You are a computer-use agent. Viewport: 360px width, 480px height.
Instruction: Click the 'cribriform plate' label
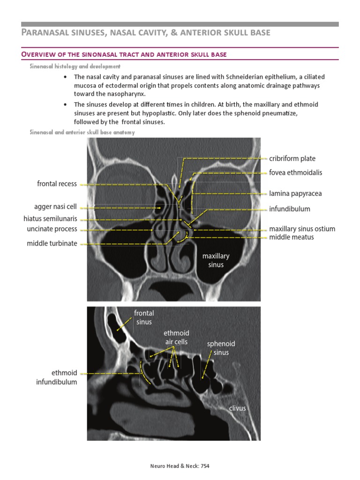[x=292, y=158]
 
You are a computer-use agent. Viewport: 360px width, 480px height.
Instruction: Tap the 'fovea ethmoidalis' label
[x=295, y=172]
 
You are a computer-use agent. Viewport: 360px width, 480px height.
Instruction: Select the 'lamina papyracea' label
[x=295, y=193]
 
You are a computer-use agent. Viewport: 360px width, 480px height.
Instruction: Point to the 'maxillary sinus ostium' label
[x=302, y=229]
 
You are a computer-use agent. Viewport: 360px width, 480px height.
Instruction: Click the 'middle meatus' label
[x=292, y=237]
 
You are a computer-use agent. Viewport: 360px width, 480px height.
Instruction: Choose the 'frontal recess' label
[x=57, y=184]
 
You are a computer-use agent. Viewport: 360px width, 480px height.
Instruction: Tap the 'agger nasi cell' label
[x=55, y=207]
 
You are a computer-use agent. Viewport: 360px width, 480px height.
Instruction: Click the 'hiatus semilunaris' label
[x=50, y=219]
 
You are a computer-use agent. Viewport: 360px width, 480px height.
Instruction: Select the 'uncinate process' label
[x=52, y=229]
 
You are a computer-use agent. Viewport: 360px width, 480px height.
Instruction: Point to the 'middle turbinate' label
[x=52, y=243]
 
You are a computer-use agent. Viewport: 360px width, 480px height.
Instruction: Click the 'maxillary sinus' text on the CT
[x=216, y=260]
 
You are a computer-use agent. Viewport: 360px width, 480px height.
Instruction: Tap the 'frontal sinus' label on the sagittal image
[x=144, y=317]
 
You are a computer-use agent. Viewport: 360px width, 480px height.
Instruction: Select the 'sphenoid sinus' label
[x=221, y=348]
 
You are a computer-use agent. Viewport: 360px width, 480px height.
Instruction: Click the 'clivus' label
[x=237, y=408]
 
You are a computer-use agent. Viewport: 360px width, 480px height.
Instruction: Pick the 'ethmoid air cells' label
[x=176, y=337]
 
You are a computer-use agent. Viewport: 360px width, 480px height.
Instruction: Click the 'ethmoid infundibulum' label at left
[x=57, y=377]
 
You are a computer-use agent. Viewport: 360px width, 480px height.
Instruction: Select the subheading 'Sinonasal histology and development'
[x=75, y=67]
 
